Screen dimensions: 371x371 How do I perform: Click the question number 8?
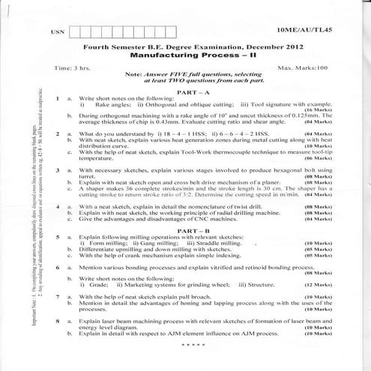pyautogui.click(x=58, y=320)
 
